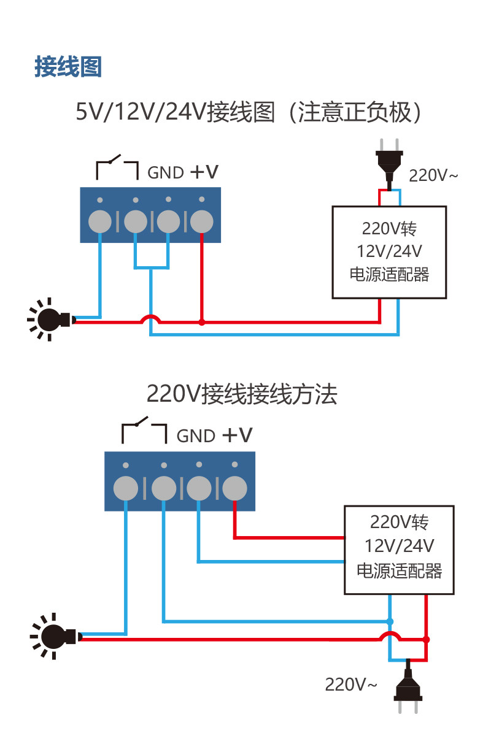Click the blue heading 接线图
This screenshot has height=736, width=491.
68,67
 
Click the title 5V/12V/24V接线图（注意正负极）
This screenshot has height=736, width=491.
245,112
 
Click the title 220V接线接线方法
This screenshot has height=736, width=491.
242,394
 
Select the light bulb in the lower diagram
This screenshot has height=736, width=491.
55,636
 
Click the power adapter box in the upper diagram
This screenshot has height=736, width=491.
389,252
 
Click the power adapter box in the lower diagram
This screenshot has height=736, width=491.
399,550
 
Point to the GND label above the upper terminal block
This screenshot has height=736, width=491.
166,173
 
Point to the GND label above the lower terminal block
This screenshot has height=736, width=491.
196,436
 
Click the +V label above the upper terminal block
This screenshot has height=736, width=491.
204,172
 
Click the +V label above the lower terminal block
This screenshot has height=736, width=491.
238,435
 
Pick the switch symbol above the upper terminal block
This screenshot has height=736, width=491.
116,167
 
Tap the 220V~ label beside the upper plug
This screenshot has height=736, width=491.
433,176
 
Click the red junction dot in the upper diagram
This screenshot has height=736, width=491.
201,321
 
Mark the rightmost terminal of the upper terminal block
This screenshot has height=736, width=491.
202,221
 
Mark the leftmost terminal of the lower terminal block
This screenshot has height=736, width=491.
126,489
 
